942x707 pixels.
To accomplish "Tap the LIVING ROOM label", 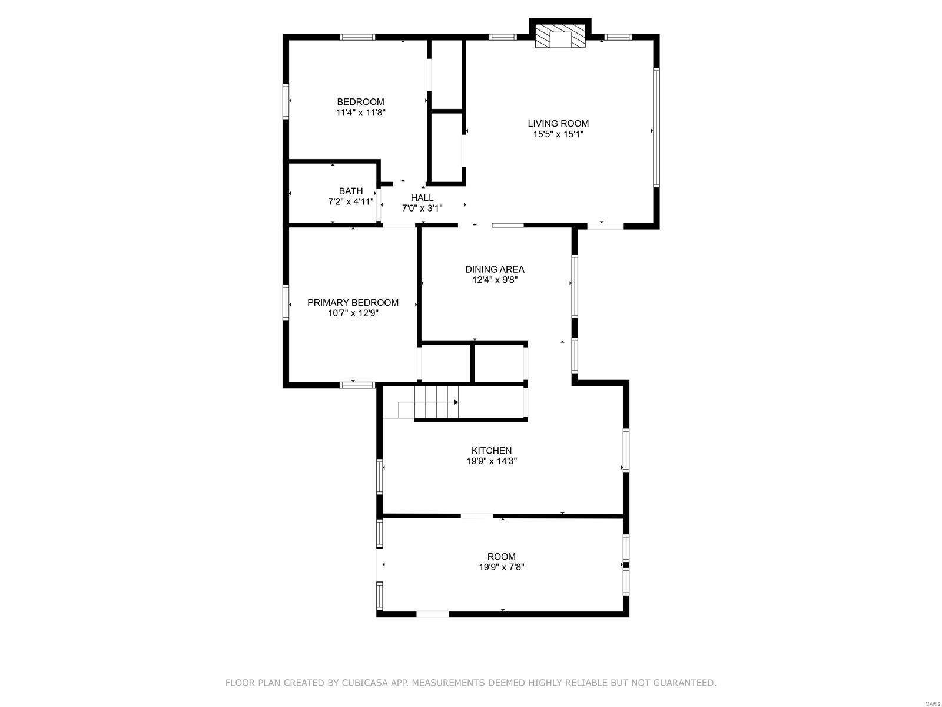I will click(x=558, y=123).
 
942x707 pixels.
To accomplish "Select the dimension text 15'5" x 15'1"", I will click(x=558, y=134).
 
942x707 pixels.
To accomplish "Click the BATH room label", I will click(x=351, y=191).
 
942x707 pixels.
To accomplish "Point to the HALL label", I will click(x=422, y=197).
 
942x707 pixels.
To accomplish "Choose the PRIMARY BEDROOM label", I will click(x=353, y=302).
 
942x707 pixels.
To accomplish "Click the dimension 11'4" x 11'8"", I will click(x=360, y=113).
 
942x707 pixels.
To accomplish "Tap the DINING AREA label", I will click(x=495, y=269).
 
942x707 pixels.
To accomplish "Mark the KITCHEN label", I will click(x=492, y=451).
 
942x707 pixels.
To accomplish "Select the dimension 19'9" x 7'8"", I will click(x=501, y=567).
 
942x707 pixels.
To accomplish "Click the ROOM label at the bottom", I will click(x=501, y=556).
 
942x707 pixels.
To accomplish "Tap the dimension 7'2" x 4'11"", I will click(x=351, y=202).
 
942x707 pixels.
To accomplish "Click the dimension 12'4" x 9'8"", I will click(x=495, y=280).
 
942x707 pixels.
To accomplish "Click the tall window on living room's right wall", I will click(x=656, y=128).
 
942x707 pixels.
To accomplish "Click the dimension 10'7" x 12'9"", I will click(x=353, y=313).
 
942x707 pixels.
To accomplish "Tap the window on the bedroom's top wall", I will click(x=357, y=37).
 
